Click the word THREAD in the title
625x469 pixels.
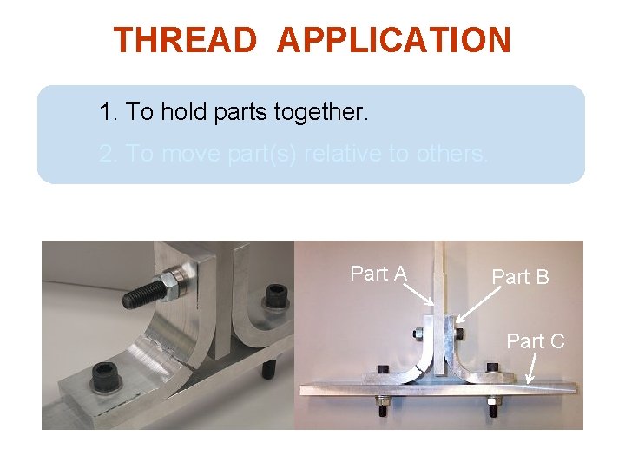(x=185, y=40)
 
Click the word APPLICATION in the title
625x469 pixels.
(x=394, y=40)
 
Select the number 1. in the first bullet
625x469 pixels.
(x=109, y=112)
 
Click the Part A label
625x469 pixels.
(x=378, y=274)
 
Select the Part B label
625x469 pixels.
(x=520, y=277)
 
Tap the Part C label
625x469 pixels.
(x=535, y=341)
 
